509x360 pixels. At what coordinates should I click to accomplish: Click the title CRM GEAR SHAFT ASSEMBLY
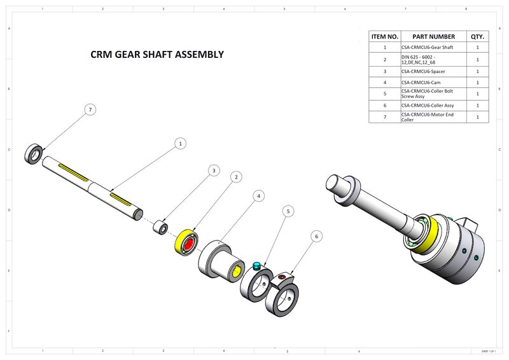[x=157, y=55]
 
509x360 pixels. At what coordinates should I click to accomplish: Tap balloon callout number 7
[x=91, y=110]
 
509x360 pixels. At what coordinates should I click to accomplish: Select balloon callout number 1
[x=181, y=144]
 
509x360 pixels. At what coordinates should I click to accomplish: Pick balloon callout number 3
[x=214, y=170]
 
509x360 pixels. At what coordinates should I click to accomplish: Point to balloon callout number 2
[x=236, y=177]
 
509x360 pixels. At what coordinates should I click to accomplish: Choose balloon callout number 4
[x=258, y=196]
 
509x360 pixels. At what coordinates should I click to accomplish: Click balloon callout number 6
[x=316, y=236]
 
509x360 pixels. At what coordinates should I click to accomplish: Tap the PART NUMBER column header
[x=433, y=36]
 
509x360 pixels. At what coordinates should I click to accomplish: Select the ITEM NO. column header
[x=384, y=36]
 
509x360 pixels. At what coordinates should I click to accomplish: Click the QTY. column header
[x=477, y=36]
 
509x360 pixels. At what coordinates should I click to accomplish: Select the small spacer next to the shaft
[x=163, y=227]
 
